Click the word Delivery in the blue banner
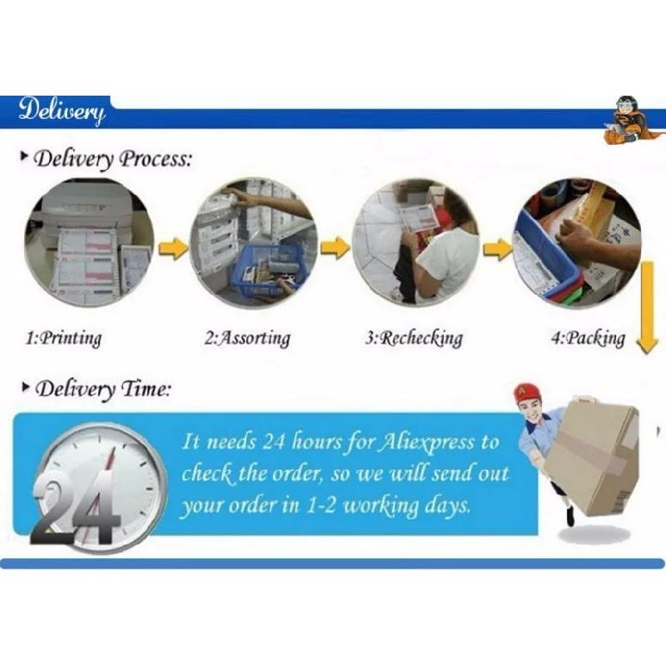pos(61,111)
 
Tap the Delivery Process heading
pos(107,159)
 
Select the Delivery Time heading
pos(96,389)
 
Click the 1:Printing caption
pos(64,339)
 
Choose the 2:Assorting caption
pos(247,339)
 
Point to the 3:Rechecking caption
pos(414,339)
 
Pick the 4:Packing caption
pos(588,339)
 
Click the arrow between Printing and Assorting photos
pos(173,249)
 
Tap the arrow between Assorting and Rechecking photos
pos(334,247)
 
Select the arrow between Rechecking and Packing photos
pos(499,249)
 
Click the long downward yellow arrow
pos(647,308)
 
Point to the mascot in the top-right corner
pos(630,121)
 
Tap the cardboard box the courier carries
pos(593,457)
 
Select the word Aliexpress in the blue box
pos(426,443)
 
